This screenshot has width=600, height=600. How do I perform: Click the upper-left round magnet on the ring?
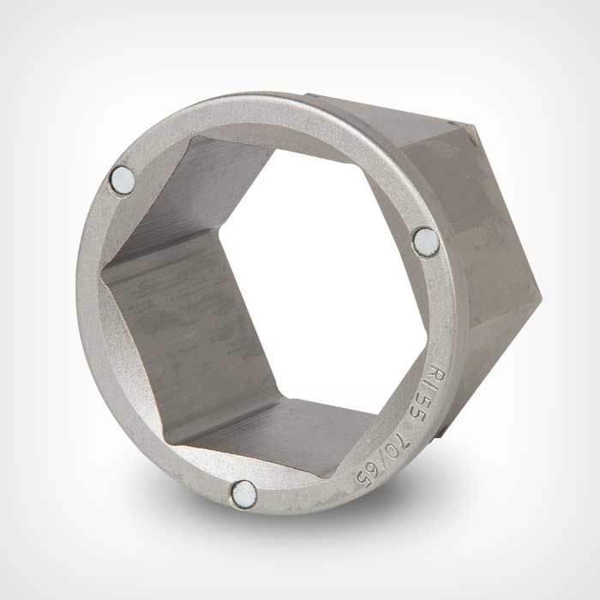tap(122, 181)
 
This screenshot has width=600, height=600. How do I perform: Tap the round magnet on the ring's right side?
tap(426, 243)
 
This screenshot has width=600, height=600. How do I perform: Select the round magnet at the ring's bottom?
tap(243, 495)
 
